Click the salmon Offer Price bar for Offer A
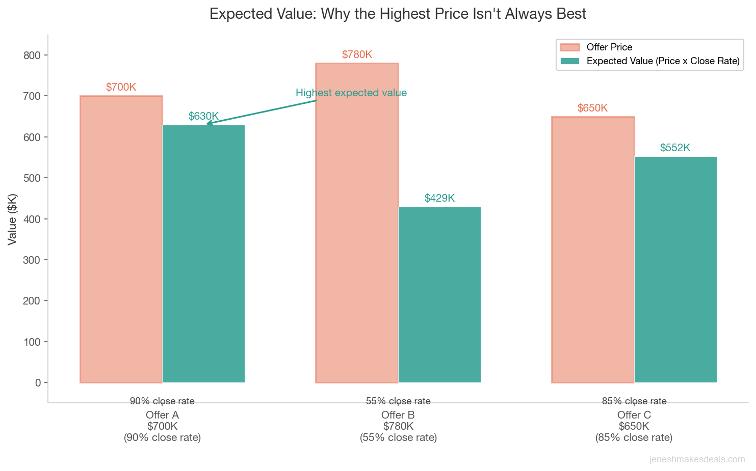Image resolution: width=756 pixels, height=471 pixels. (x=121, y=239)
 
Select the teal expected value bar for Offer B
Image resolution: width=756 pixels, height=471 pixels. (x=439, y=295)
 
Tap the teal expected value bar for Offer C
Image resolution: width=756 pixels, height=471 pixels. (x=675, y=269)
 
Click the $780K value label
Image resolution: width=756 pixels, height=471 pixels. (x=357, y=54)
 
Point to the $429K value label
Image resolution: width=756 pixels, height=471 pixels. (x=439, y=198)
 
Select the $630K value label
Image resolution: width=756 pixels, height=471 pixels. (x=203, y=116)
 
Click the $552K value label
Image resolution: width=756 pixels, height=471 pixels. (x=675, y=148)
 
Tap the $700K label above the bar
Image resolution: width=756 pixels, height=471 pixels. (x=121, y=87)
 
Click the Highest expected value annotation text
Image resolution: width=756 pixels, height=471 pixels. (x=351, y=93)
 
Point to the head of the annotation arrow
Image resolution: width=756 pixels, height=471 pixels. (x=207, y=123)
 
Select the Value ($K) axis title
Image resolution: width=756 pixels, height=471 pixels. (x=12, y=219)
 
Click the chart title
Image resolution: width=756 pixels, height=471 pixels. (x=398, y=14)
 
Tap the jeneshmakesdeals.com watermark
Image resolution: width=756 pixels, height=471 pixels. (x=697, y=459)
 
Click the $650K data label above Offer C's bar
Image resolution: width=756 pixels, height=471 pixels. (x=592, y=108)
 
